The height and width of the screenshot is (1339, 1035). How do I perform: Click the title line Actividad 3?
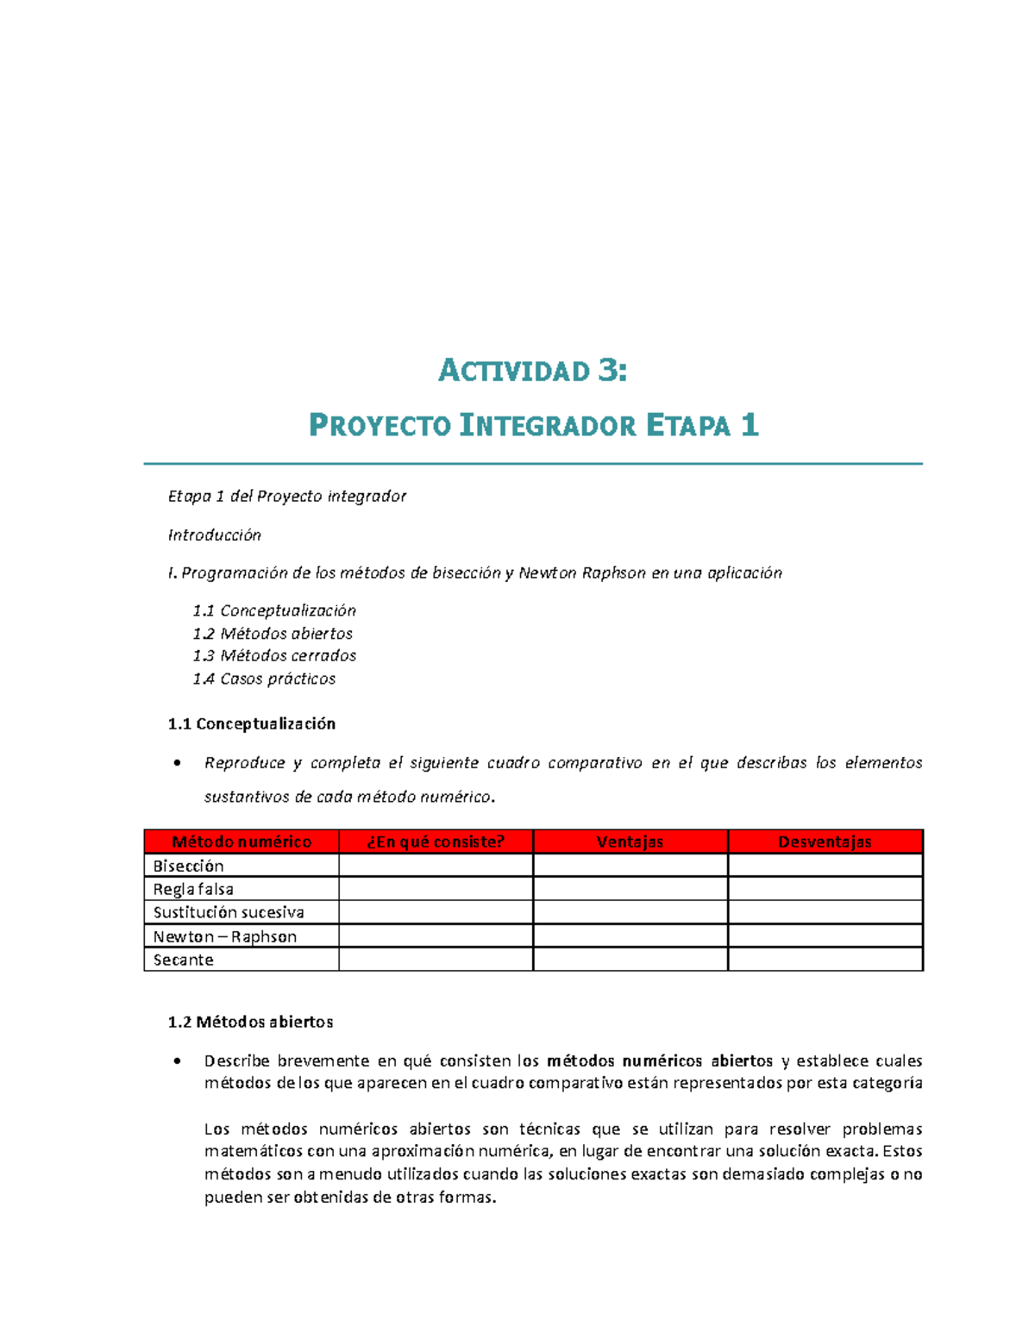pos(533,371)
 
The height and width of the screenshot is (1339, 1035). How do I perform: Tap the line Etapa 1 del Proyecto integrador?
pos(286,497)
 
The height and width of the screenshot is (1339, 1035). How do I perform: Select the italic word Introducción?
pos(214,535)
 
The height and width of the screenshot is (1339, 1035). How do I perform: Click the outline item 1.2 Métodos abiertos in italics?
pos(273,634)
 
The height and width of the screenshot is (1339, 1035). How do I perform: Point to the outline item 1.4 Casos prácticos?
pos(264,679)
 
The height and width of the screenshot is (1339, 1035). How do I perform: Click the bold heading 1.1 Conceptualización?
pos(252,724)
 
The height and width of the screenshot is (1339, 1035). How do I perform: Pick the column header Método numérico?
pos(241,842)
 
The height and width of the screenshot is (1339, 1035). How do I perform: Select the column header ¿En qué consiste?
pos(436,842)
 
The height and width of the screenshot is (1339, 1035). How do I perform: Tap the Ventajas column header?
pos(630,842)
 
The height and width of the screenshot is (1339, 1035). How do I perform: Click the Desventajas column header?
pos(825,842)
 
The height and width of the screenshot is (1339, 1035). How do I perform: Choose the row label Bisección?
pos(189,867)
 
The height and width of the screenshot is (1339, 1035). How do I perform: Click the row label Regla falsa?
pos(193,890)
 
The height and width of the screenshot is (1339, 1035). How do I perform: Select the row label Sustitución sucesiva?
pos(229,913)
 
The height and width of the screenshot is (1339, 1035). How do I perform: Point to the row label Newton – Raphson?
pos(225,937)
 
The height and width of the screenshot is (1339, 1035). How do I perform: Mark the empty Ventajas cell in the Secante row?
pos(630,960)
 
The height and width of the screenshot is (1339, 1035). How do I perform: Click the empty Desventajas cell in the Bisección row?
pos(825,867)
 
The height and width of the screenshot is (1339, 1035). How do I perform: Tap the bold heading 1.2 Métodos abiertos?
pos(250,1023)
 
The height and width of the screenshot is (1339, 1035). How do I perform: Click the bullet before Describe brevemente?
pos(177,1061)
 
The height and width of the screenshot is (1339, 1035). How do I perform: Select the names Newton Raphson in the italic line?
pos(581,573)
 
